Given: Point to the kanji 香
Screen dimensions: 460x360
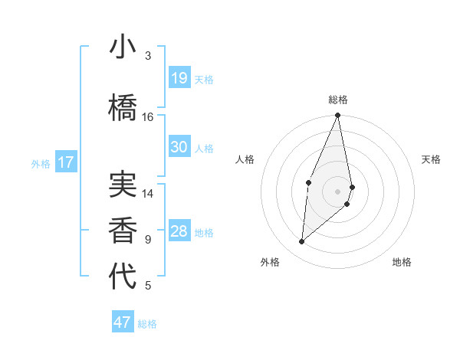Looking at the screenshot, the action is [123, 231].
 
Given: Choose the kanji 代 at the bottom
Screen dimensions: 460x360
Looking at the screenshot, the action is [123, 277].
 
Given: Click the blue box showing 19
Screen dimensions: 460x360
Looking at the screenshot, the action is [179, 78].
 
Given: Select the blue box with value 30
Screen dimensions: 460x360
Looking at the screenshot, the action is [179, 147].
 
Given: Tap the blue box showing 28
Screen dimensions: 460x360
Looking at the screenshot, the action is [179, 231].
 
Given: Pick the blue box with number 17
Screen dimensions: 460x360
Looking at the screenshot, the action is [65, 162].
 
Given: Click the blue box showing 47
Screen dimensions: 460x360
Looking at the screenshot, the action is [122, 322].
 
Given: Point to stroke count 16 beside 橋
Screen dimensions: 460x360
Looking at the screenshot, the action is [148, 117].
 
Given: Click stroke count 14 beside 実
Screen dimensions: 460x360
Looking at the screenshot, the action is [148, 194].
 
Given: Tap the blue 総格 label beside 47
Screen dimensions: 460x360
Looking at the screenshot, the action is [147, 324].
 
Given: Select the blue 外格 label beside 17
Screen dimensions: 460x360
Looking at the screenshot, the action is [41, 163].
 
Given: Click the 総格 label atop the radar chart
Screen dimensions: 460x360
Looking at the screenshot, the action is [338, 100].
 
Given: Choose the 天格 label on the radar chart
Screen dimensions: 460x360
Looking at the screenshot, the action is [432, 159].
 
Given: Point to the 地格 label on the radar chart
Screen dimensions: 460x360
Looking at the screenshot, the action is [402, 262].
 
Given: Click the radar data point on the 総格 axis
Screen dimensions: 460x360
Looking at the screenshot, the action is [338, 116].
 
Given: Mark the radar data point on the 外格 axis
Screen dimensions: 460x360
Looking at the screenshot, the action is [302, 241].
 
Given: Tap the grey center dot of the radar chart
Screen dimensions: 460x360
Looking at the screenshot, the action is [338, 191].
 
